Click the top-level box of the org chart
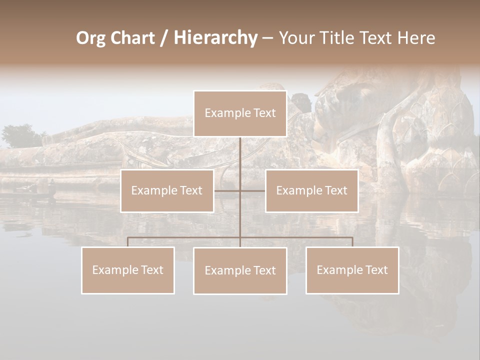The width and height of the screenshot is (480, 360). [x=240, y=113]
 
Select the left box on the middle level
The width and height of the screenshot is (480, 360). [x=167, y=190]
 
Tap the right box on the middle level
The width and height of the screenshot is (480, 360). [x=311, y=190]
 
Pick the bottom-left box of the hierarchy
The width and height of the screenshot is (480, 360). [x=128, y=270]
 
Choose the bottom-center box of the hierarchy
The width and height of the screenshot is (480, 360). [x=240, y=270]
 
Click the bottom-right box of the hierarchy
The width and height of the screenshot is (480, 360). [x=352, y=270]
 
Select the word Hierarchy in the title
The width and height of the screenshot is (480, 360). [x=215, y=38]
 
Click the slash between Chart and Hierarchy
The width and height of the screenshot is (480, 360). [x=163, y=38]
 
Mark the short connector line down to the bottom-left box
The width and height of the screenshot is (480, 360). [x=128, y=242]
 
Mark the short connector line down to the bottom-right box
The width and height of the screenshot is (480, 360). [x=352, y=242]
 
